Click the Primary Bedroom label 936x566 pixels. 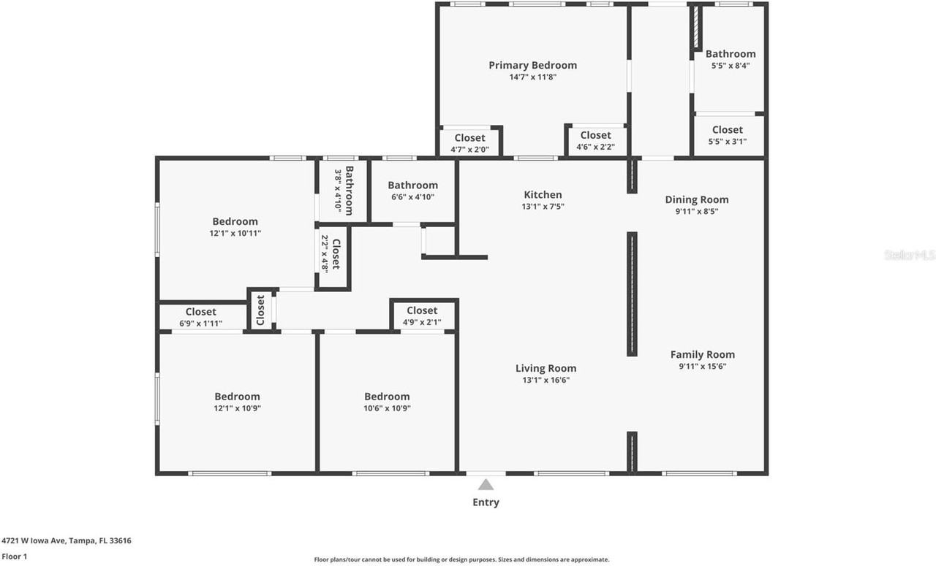(532, 65)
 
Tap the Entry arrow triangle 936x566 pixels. (486, 484)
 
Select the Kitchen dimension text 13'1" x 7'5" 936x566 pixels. (543, 207)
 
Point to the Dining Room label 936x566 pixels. (696, 199)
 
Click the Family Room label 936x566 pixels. (702, 354)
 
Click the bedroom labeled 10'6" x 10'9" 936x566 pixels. (387, 402)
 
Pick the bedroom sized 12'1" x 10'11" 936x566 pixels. (235, 226)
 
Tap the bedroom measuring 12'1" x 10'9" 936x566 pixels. (237, 402)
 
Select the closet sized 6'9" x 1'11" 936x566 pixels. (200, 317)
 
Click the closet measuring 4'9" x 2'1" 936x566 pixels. (422, 316)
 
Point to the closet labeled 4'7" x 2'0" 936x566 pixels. (469, 143)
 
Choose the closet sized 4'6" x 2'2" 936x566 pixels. (595, 140)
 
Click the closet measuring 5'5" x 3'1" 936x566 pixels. (727, 135)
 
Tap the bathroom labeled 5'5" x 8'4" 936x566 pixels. (730, 58)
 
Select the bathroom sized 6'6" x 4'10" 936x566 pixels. (412, 191)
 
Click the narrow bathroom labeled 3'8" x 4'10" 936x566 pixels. (344, 190)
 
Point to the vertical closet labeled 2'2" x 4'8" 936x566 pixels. (331, 255)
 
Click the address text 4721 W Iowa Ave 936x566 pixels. (67, 540)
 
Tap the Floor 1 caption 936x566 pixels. (15, 557)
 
